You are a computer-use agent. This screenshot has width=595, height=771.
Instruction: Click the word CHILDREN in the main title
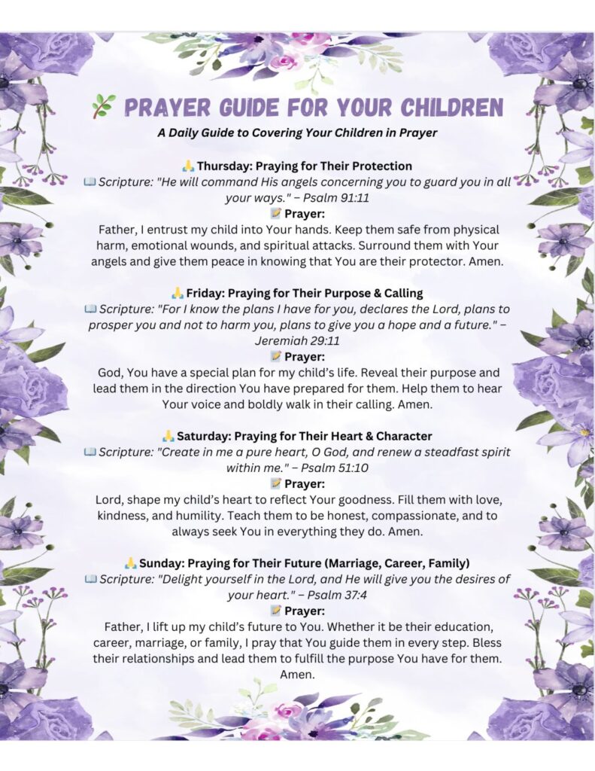(x=444, y=107)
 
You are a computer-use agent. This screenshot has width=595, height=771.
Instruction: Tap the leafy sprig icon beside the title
(x=103, y=107)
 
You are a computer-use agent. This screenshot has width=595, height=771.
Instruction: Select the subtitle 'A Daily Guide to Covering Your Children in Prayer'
(x=297, y=133)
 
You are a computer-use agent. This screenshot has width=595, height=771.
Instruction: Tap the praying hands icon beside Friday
(x=177, y=293)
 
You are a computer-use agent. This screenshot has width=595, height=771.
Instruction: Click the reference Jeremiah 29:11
(x=297, y=340)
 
